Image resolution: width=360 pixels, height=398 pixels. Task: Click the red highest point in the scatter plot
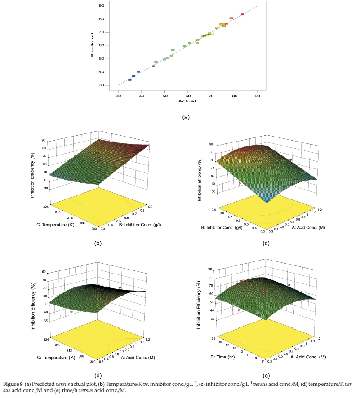(x=243, y=14)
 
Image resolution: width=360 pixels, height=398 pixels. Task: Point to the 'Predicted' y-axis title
(x=92, y=45)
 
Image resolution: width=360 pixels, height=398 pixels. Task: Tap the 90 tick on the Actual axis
(x=257, y=94)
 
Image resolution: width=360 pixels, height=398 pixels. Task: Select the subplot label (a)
(x=184, y=117)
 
